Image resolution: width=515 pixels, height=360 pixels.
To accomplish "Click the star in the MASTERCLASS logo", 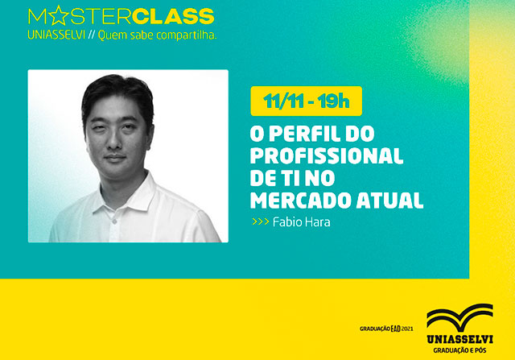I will pos(52,16).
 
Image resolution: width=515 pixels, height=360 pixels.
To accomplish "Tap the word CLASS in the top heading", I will pos(175,16).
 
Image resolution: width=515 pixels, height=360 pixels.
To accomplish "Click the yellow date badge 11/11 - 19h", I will pos(306,102).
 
